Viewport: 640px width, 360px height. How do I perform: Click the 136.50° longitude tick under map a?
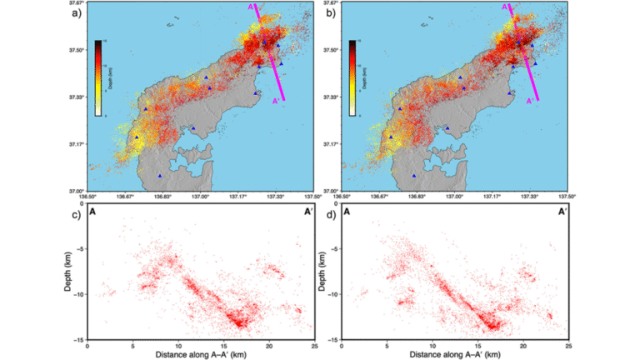(86, 196)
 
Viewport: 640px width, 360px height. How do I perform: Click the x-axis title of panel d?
(455, 354)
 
